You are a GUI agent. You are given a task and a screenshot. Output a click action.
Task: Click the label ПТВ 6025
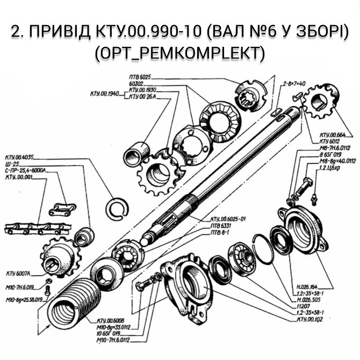point(141,77)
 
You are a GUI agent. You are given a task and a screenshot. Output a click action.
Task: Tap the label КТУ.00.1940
point(105,94)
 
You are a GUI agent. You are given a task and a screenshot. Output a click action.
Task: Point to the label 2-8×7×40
point(293,84)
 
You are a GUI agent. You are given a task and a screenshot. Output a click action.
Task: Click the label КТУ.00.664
point(333,135)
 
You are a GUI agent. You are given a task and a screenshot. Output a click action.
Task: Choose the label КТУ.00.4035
point(19,157)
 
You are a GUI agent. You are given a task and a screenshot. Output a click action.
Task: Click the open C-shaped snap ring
point(116,208)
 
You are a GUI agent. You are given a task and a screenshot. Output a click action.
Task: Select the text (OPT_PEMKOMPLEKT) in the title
point(179,53)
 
